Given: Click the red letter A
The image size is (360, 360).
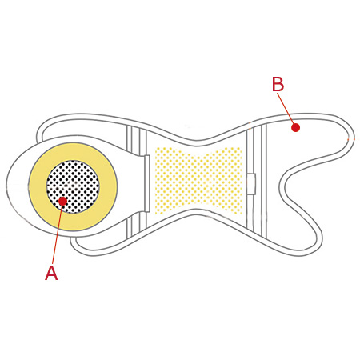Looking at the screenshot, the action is click(51, 273).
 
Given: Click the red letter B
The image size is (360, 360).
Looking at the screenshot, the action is click(278, 84).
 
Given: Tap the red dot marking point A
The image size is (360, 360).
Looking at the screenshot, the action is click(63, 201).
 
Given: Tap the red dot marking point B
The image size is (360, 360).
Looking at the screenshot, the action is click(295, 128).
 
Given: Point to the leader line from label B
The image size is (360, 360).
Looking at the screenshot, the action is click(286, 108).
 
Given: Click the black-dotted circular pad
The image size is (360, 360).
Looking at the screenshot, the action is click(73, 186).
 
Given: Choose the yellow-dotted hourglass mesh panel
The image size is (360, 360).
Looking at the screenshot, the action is click(198, 181).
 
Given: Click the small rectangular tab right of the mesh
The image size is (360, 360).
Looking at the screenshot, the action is click(251, 184).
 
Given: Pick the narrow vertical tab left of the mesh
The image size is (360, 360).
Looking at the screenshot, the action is click(146, 183).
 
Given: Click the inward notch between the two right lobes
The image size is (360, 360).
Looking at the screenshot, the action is click(281, 184).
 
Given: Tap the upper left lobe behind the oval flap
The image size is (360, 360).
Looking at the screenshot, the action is click(80, 126).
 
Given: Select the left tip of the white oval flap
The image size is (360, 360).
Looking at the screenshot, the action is click(6, 185).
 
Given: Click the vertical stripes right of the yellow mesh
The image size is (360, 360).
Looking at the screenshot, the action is click(257, 182).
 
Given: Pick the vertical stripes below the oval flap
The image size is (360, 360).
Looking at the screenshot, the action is click(137, 224).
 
